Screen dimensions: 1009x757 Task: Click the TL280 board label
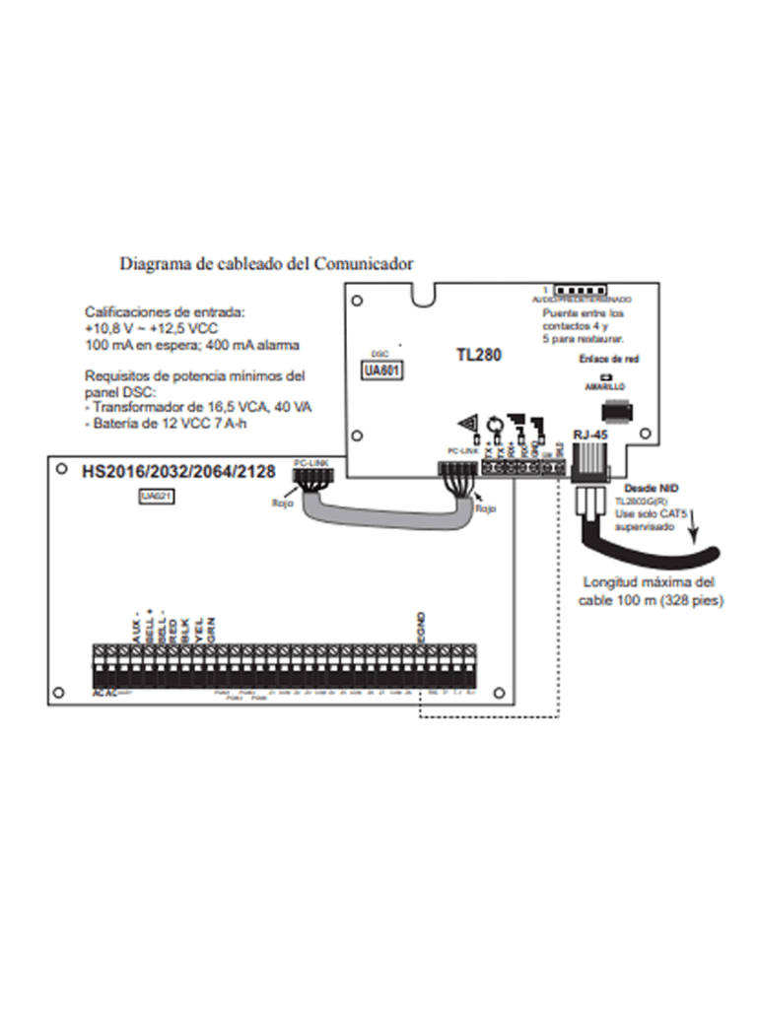[x=480, y=354]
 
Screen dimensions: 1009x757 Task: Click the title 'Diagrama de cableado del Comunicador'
[x=266, y=263]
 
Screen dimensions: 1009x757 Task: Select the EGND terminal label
[x=421, y=628]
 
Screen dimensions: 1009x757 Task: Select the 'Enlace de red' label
[x=611, y=360]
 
